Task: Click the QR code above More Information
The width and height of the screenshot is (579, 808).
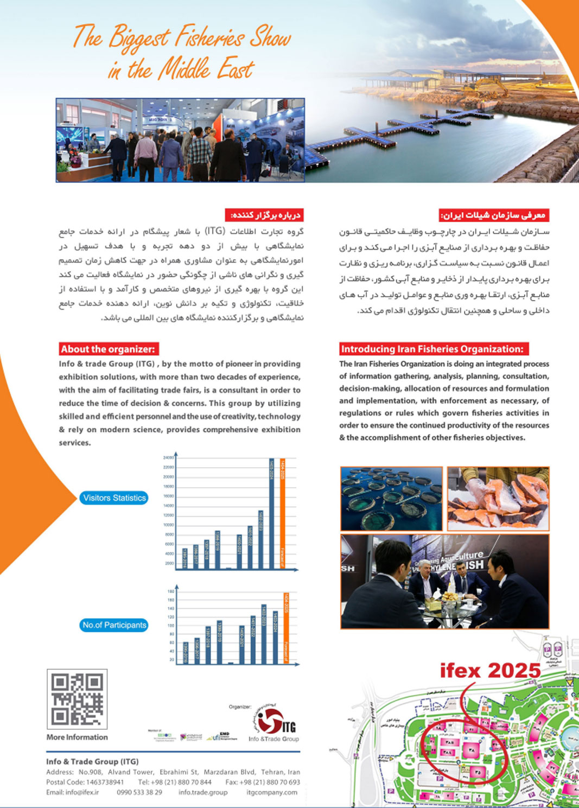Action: point(77,699)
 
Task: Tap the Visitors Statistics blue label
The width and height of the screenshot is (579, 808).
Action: point(114,498)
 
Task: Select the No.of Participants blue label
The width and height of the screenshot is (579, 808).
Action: point(114,625)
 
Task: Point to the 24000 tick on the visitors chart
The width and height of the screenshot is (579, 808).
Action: point(168,457)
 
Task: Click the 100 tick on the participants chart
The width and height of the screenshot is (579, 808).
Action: point(170,626)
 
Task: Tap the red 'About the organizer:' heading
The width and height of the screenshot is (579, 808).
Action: point(108,349)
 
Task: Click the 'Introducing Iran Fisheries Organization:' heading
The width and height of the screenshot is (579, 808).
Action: point(432,349)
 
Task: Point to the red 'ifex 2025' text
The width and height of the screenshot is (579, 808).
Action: point(490,671)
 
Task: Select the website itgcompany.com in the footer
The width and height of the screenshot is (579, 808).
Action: point(272,792)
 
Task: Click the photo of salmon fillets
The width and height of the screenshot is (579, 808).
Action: point(498,498)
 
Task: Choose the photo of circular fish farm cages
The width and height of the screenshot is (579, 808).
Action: point(391,498)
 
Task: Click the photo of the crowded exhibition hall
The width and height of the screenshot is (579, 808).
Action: point(180,140)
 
